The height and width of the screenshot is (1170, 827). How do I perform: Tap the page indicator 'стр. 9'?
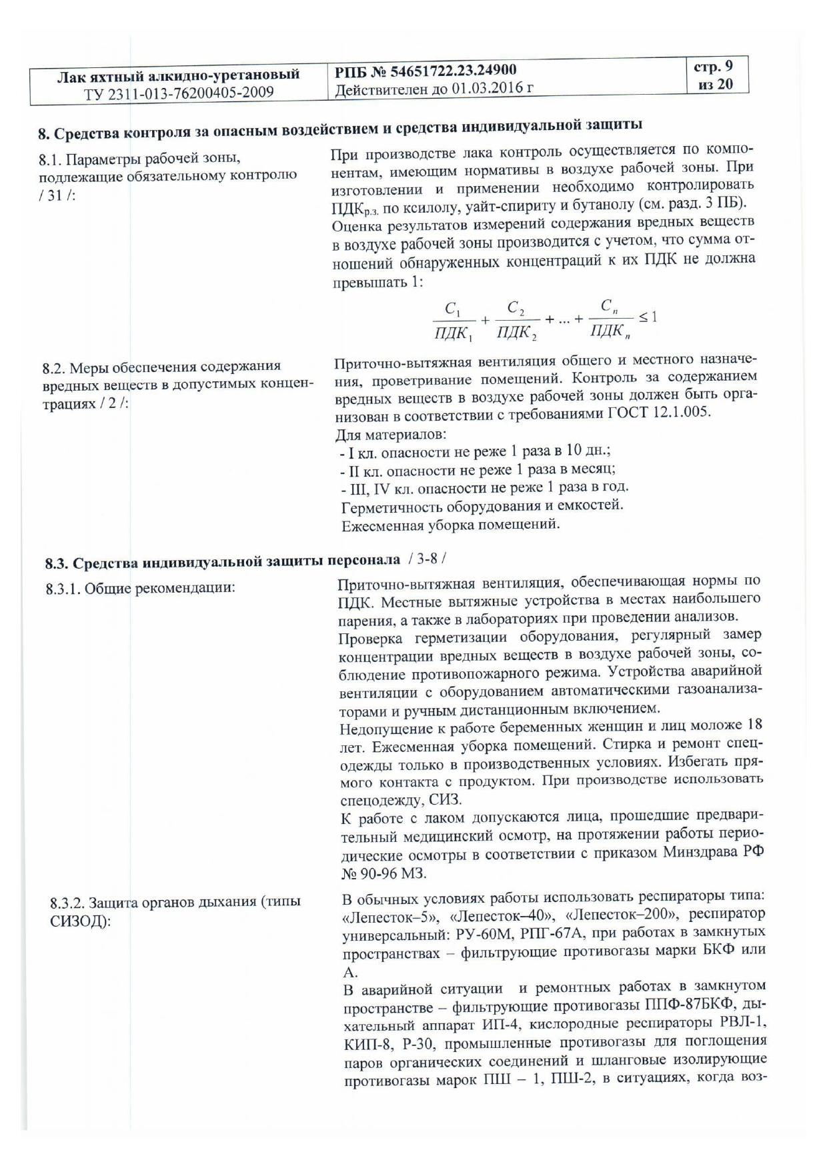(x=713, y=67)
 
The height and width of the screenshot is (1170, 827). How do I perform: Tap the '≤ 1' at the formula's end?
(x=648, y=317)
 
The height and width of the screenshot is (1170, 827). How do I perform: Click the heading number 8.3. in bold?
(x=57, y=563)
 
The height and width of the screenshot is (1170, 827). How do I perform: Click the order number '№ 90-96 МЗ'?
(x=383, y=873)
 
